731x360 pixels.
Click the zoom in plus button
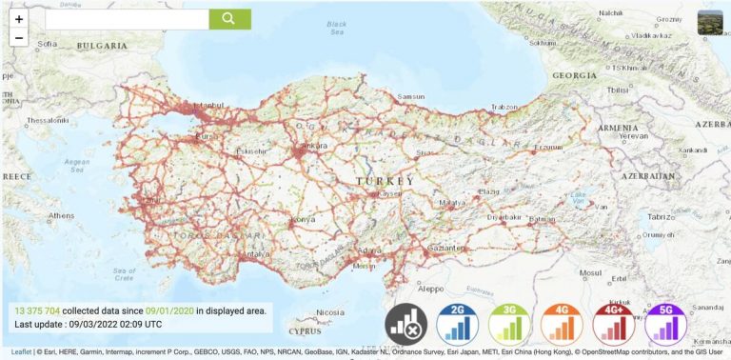pos(19,19)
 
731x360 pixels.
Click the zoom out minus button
pos(19,37)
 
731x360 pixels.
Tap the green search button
pos(229,19)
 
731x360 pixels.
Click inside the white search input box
pos(127,19)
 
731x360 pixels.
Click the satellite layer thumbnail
pos(710,23)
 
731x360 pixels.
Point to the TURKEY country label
pos(385,181)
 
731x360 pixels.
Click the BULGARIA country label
pos(102,46)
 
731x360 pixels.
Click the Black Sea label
pos(336,28)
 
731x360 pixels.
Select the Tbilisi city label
pos(591,90)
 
